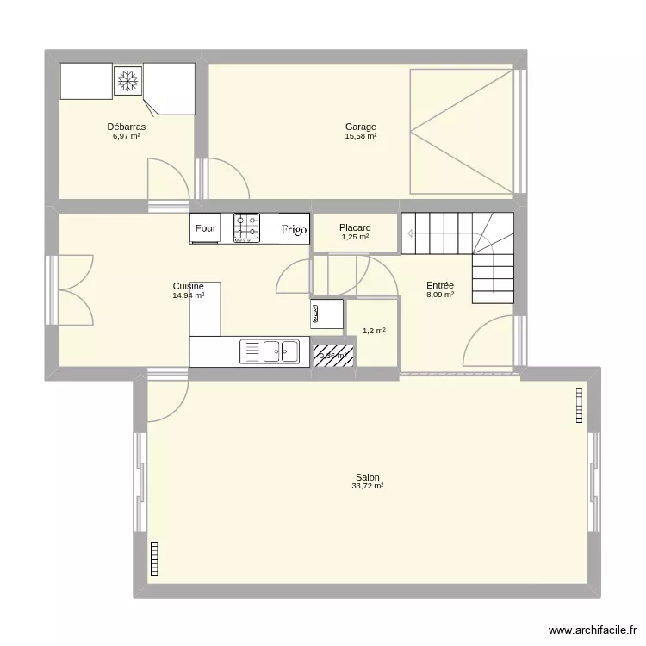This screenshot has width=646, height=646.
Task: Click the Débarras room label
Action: pyautogui.click(x=127, y=127)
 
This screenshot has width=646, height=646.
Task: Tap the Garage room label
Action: pyautogui.click(x=361, y=127)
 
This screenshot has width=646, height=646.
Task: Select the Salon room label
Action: pyautogui.click(x=367, y=477)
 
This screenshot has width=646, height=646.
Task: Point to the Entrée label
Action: pyautogui.click(x=440, y=285)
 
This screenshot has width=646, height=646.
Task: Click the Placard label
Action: pyautogui.click(x=355, y=228)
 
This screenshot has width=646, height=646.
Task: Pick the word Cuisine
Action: pyautogui.click(x=188, y=286)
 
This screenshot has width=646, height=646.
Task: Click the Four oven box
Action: pyautogui.click(x=205, y=228)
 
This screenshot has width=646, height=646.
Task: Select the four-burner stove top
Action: pyautogui.click(x=246, y=228)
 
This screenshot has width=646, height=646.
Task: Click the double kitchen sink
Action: pyautogui.click(x=281, y=351)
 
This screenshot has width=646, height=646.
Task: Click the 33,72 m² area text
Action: pyautogui.click(x=367, y=487)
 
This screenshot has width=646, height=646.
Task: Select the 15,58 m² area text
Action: pyautogui.click(x=361, y=136)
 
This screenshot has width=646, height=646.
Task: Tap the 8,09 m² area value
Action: pyautogui.click(x=440, y=295)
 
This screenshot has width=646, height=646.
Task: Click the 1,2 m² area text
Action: pyautogui.click(x=374, y=330)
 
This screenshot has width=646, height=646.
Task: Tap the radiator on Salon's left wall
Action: pyautogui.click(x=155, y=558)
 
